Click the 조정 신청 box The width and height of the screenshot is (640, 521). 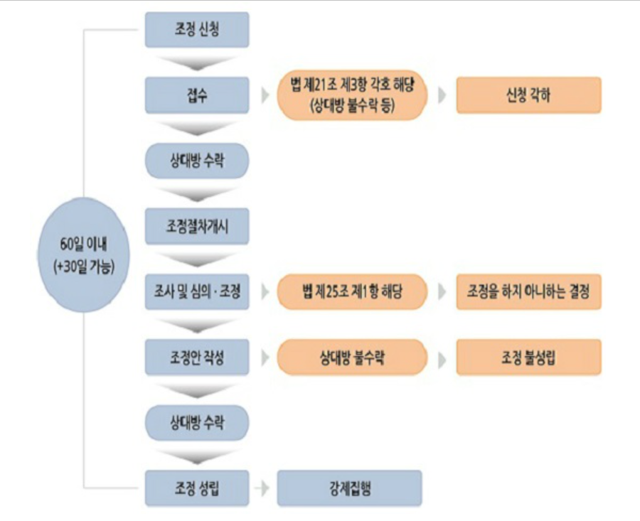[x=197, y=30]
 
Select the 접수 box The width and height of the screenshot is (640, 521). [x=197, y=95]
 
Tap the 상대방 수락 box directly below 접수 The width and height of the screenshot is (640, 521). [x=197, y=161]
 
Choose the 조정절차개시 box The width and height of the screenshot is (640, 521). [x=197, y=226]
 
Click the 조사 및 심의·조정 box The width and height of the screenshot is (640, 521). [x=197, y=291]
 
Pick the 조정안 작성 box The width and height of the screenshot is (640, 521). [x=197, y=357]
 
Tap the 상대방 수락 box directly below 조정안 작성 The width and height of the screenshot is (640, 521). [x=197, y=423]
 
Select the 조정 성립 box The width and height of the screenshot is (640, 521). [x=197, y=488]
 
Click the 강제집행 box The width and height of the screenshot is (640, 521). [x=349, y=488]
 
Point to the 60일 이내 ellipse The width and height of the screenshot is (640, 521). [x=84, y=254]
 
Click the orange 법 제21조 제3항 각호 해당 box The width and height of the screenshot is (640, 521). [x=352, y=95]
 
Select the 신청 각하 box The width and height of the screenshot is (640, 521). [x=528, y=95]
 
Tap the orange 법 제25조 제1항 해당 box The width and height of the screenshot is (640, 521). [x=352, y=291]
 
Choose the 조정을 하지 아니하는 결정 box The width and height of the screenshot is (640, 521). [x=528, y=291]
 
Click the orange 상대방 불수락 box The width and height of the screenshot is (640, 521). [x=352, y=357]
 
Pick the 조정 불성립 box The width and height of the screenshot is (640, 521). [x=528, y=357]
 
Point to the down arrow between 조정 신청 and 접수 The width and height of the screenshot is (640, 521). [x=197, y=63]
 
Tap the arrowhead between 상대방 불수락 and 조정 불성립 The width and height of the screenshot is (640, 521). [x=442, y=358]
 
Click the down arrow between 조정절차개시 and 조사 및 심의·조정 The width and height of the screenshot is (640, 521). [x=197, y=259]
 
